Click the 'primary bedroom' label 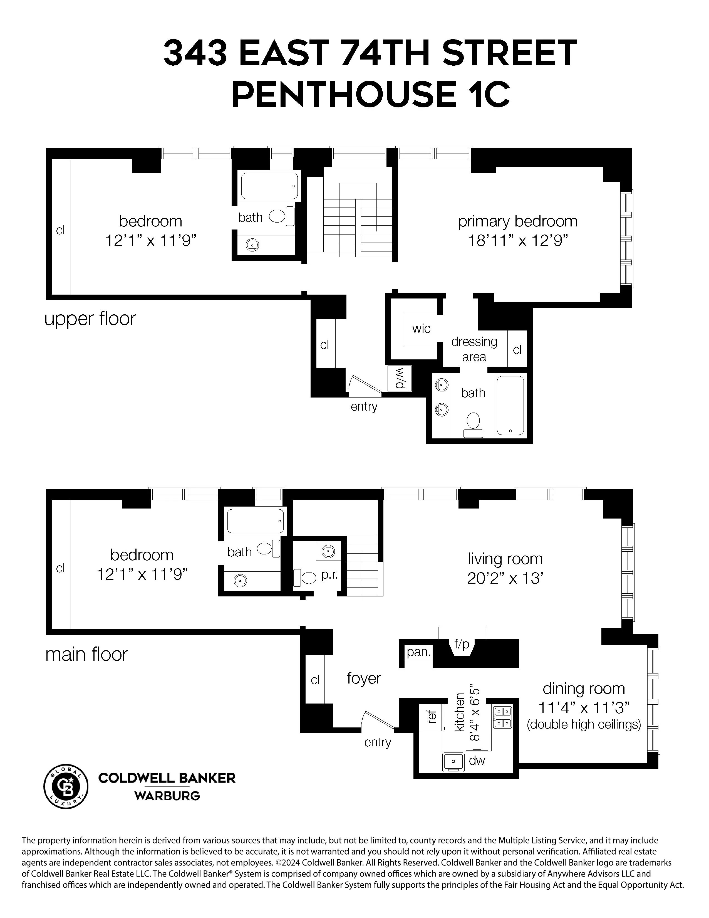517,221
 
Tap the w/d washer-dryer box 400,378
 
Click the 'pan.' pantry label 418,652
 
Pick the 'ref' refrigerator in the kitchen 431,716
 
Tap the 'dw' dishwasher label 477,760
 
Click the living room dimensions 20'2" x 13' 505,579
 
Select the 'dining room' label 583,688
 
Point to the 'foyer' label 364,678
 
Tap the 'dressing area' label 474,349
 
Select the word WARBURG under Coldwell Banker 167,796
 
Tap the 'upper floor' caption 90,319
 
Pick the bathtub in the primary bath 510,405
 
